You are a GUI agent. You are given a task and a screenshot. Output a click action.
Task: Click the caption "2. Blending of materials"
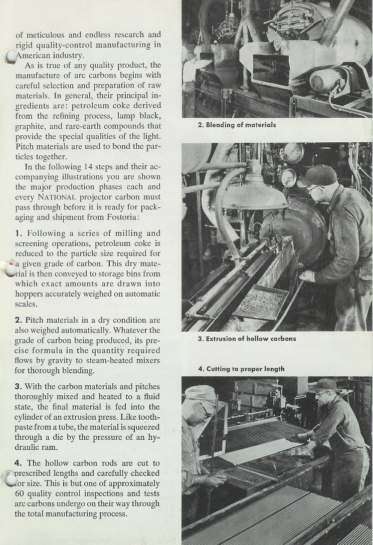click(x=237, y=125)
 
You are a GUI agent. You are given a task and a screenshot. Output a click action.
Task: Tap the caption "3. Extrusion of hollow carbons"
click(x=247, y=339)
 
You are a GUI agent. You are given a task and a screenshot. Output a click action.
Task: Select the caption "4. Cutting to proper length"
click(x=241, y=369)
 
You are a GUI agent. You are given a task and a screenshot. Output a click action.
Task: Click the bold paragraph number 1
click(x=18, y=233)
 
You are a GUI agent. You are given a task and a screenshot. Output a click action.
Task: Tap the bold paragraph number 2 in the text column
click(x=18, y=320)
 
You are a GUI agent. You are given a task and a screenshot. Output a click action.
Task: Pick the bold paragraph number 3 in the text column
click(x=18, y=387)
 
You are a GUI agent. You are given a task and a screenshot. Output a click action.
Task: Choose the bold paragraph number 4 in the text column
click(x=18, y=463)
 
